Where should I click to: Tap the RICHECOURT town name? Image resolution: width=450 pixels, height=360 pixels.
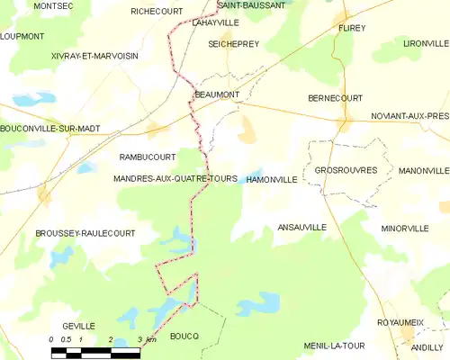coord(156,12)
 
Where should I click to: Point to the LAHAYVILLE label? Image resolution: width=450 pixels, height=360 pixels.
coord(215,22)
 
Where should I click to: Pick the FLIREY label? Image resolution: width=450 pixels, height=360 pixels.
coord(352,29)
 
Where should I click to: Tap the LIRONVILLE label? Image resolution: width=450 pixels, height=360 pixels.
coord(426,43)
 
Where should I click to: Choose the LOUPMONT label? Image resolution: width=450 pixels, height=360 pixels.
coord(22,36)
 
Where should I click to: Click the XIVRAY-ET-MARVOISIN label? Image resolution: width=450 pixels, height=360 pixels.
coord(94,56)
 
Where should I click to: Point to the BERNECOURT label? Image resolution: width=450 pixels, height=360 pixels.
coord(335,97)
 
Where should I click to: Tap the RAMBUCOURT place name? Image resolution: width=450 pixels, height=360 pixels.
coord(147,157)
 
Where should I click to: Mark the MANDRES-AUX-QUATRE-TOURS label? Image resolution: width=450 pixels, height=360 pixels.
coord(175,179)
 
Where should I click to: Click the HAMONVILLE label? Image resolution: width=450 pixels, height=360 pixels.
coord(271,180)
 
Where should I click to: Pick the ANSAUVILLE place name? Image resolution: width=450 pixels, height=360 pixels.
coord(301,228)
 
